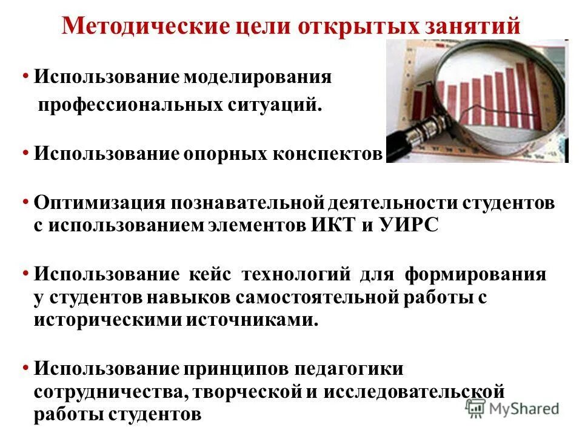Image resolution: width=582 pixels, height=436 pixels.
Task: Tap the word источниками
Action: [x=252, y=320]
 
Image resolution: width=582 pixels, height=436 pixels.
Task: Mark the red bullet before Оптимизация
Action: [x=26, y=201]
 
